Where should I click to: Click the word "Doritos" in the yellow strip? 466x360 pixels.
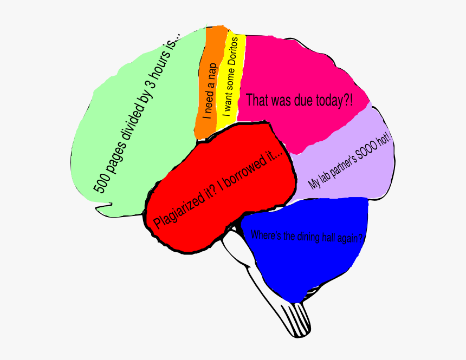(234, 52)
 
